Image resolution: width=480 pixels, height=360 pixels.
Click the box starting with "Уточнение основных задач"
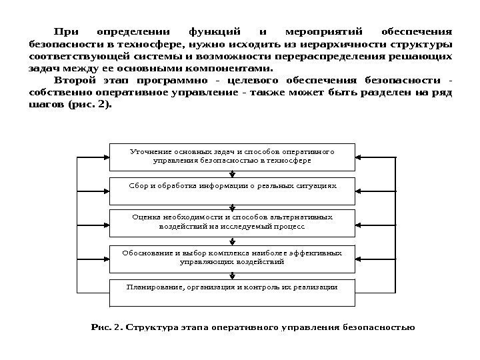click(233, 156)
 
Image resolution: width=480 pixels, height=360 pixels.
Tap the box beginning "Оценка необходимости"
click(233, 221)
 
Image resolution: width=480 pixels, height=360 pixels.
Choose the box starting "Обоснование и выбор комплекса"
click(233, 257)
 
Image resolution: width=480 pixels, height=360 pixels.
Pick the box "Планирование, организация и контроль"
click(233, 287)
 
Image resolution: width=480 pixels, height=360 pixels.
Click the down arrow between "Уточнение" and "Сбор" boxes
click(233, 174)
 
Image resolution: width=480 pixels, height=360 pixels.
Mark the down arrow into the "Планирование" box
click(233, 276)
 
